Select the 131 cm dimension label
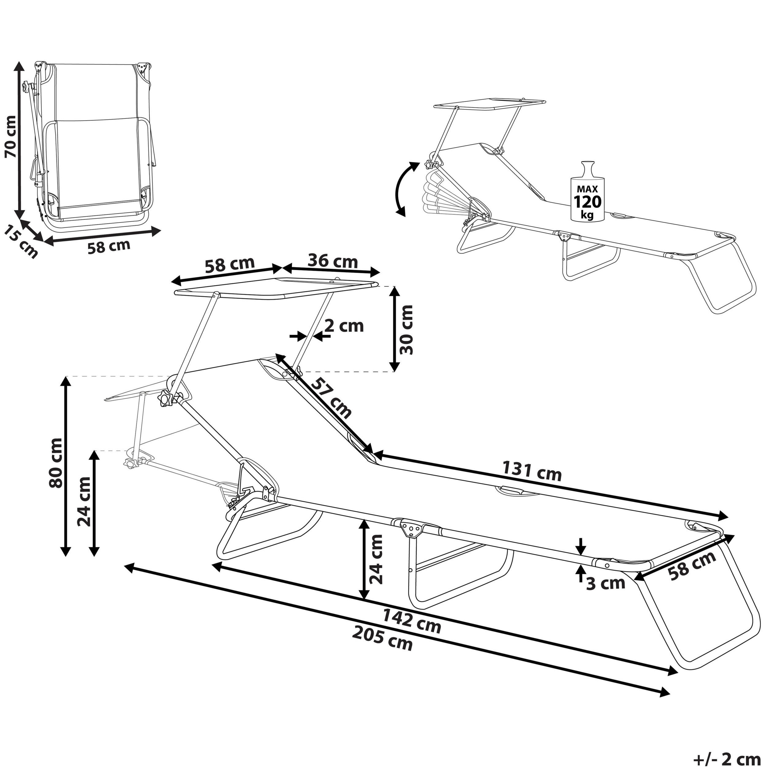pyautogui.click(x=532, y=471)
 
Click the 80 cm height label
pyautogui.click(x=56, y=463)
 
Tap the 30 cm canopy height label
pyautogui.click(x=406, y=330)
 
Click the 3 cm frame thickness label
pyautogui.click(x=605, y=583)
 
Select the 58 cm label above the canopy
pyautogui.click(x=229, y=265)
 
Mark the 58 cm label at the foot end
pyautogui.click(x=692, y=565)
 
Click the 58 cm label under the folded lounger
pyautogui.click(x=109, y=246)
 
